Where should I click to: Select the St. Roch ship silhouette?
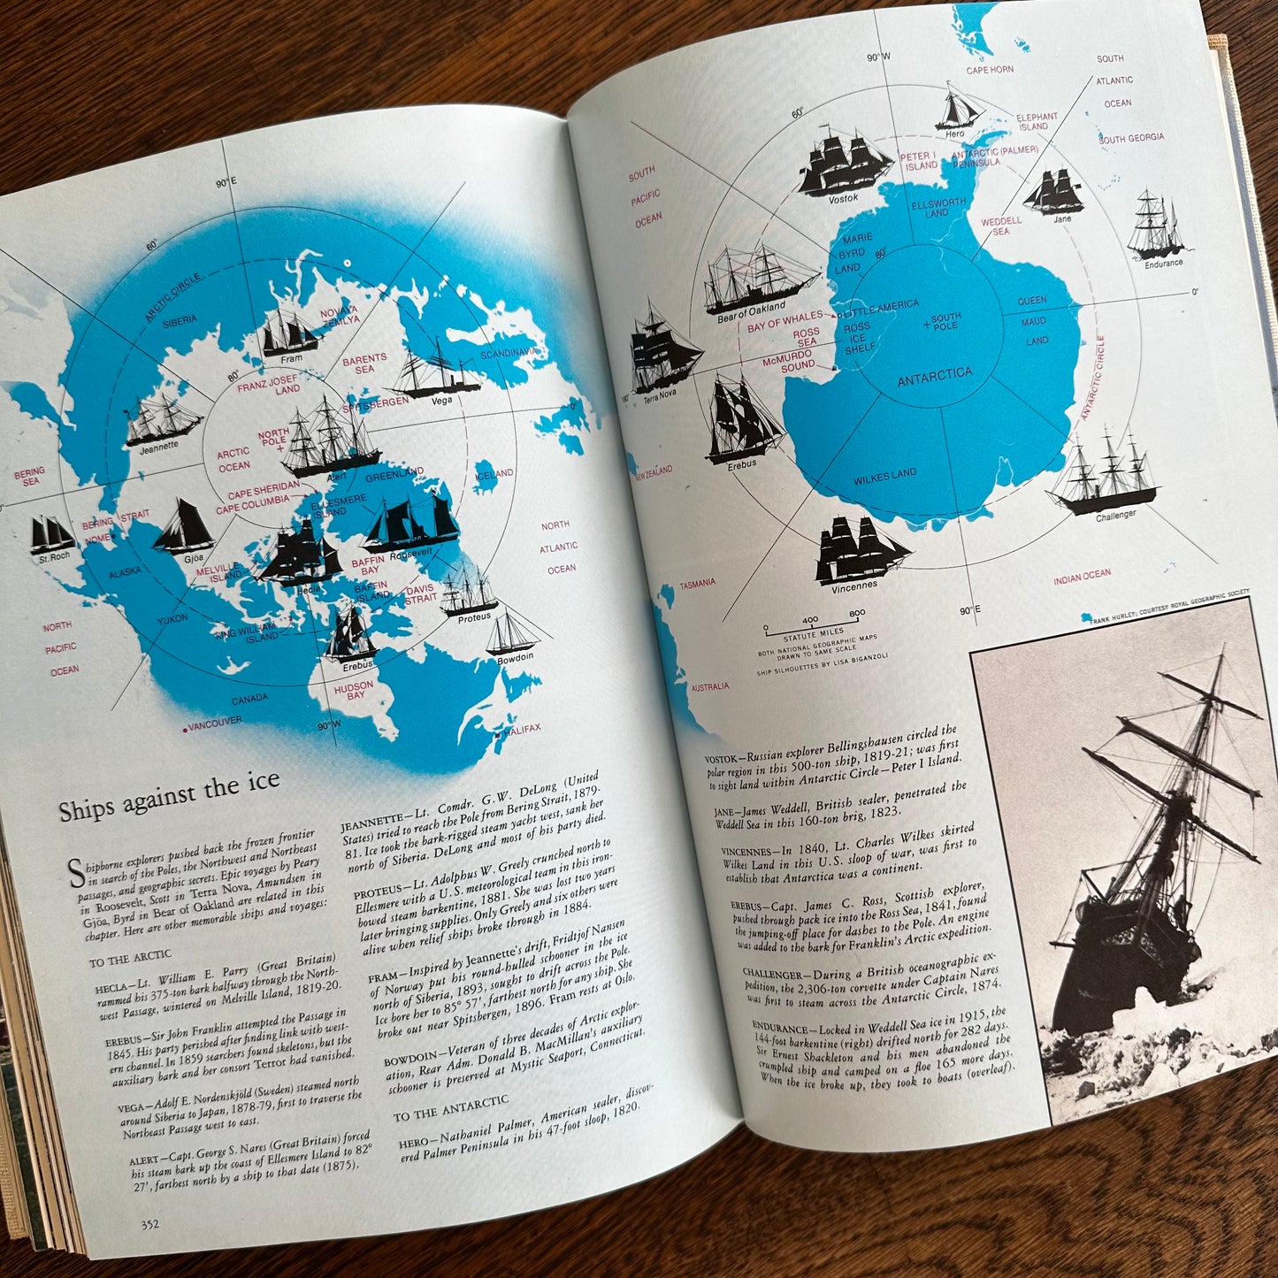tap(51, 534)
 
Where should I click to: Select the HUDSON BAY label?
tap(354, 690)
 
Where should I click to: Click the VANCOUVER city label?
tap(214, 723)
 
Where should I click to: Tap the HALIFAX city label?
tap(522, 730)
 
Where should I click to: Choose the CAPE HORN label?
tap(990, 70)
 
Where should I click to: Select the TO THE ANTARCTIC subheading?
tap(451, 1106)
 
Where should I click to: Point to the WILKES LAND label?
tap(884, 476)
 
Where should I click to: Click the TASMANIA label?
tap(698, 583)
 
